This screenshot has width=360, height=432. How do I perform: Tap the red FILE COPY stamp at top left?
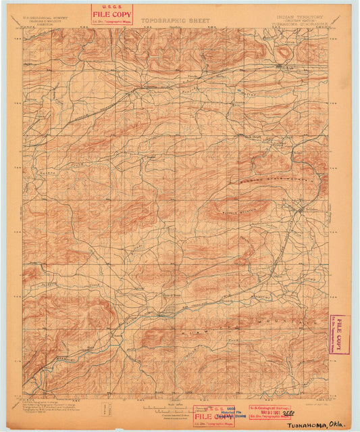[x=112, y=14]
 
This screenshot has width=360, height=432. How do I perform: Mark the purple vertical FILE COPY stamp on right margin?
[x=339, y=334]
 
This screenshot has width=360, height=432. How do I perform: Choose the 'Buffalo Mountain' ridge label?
[x=236, y=201]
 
